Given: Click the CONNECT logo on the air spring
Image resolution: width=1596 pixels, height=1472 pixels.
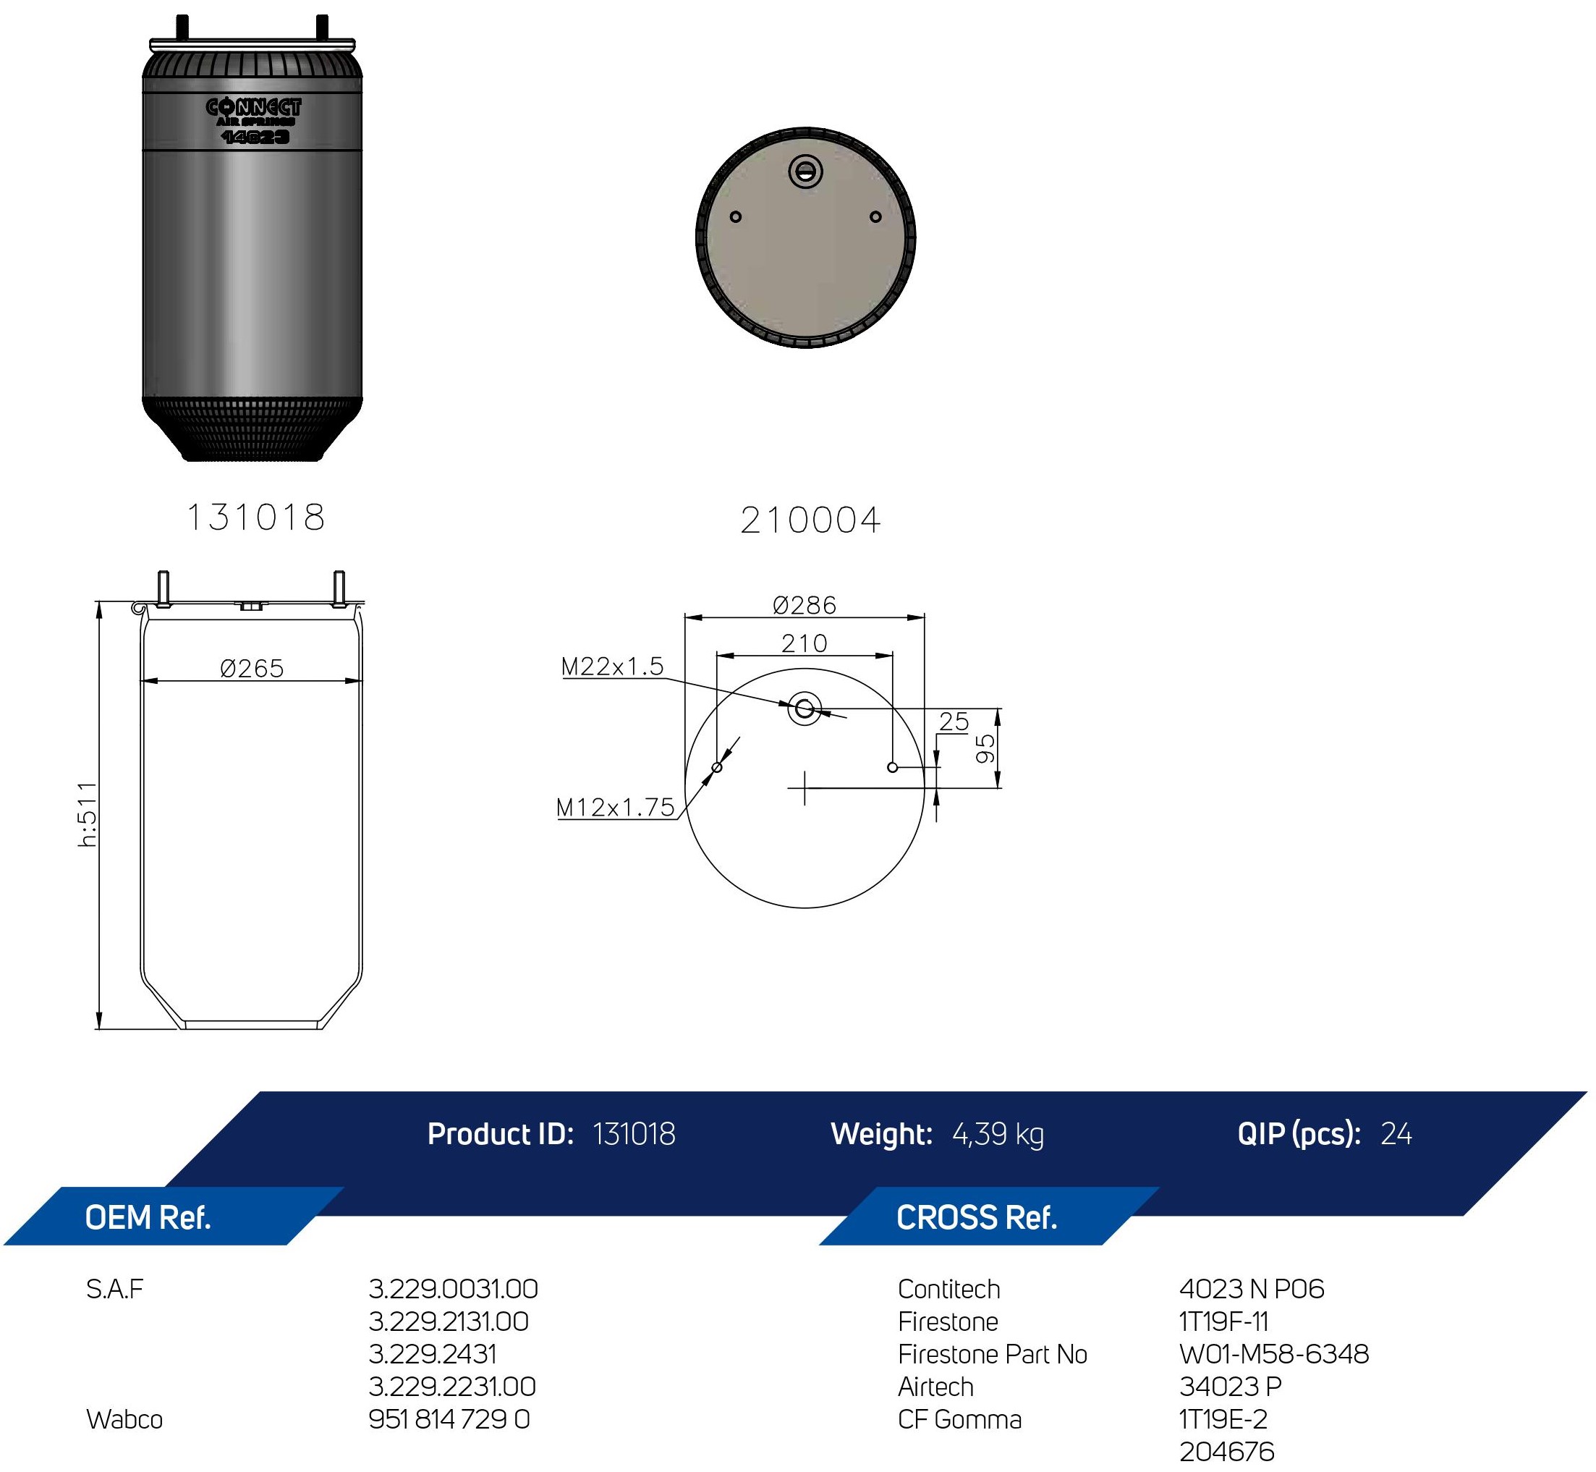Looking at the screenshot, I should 253,106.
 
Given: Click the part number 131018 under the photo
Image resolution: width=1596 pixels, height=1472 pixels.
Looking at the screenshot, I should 255,517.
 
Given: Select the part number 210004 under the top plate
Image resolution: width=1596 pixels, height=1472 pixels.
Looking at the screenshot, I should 810,521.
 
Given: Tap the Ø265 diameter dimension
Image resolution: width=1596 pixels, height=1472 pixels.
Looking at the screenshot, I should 252,667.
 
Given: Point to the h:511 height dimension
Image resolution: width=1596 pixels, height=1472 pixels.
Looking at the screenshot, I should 88,814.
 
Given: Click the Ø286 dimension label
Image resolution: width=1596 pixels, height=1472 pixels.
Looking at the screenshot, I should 805,605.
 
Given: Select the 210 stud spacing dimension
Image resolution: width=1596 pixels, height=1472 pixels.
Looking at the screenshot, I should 804,643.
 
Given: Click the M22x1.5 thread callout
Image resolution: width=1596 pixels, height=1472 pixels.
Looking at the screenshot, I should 613,666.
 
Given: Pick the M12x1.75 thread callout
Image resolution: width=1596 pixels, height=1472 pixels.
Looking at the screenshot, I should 616,808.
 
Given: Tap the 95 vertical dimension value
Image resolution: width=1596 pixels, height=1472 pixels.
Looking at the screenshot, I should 986,749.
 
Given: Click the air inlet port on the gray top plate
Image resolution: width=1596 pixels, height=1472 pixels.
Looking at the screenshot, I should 805,172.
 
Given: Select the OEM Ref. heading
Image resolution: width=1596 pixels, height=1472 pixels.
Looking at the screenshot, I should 148,1218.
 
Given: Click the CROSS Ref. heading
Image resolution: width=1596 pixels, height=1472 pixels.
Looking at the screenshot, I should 977,1218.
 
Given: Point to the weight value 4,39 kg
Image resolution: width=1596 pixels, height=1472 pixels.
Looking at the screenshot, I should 998,1134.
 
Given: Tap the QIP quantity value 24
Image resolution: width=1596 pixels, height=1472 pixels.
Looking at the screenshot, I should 1396,1133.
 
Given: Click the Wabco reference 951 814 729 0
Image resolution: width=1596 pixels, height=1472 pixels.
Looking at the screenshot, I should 449,1419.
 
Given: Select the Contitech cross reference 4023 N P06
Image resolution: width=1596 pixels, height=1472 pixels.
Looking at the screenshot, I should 1251,1289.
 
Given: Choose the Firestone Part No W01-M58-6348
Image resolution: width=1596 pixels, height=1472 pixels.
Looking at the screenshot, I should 1273,1354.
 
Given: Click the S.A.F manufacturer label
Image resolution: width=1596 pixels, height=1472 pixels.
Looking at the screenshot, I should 115,1289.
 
